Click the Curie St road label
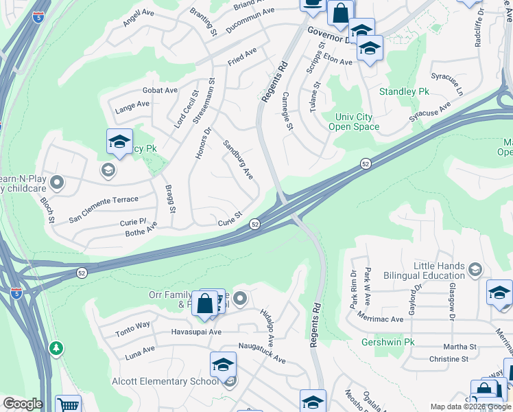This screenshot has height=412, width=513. (230, 218)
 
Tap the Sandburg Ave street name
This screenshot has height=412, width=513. (238, 159)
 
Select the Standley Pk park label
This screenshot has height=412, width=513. (405, 91)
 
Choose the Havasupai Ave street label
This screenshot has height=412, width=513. (196, 332)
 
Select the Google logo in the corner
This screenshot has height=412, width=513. (22, 404)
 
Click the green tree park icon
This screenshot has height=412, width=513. (56, 348)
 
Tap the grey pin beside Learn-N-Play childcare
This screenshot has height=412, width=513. (57, 183)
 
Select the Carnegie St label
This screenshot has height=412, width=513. (288, 112)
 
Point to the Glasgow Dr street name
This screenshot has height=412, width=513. (452, 299)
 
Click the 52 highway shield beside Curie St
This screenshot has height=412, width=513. (254, 224)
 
